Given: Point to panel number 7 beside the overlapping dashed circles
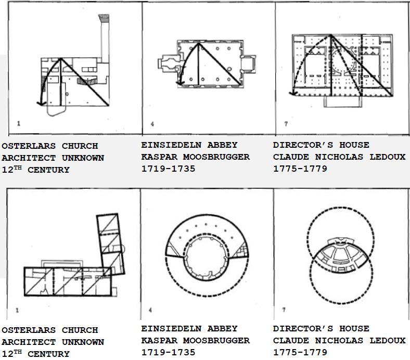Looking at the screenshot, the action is [284, 310].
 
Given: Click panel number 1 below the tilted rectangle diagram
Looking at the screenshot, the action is [18, 311].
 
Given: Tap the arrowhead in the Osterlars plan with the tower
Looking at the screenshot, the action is [39, 103].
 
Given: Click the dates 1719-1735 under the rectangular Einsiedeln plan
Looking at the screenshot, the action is [168, 169].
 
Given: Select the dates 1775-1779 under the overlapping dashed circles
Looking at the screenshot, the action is [300, 352].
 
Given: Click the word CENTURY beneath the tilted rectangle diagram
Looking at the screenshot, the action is [48, 354].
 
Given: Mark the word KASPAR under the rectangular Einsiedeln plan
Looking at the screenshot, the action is [156, 157].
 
